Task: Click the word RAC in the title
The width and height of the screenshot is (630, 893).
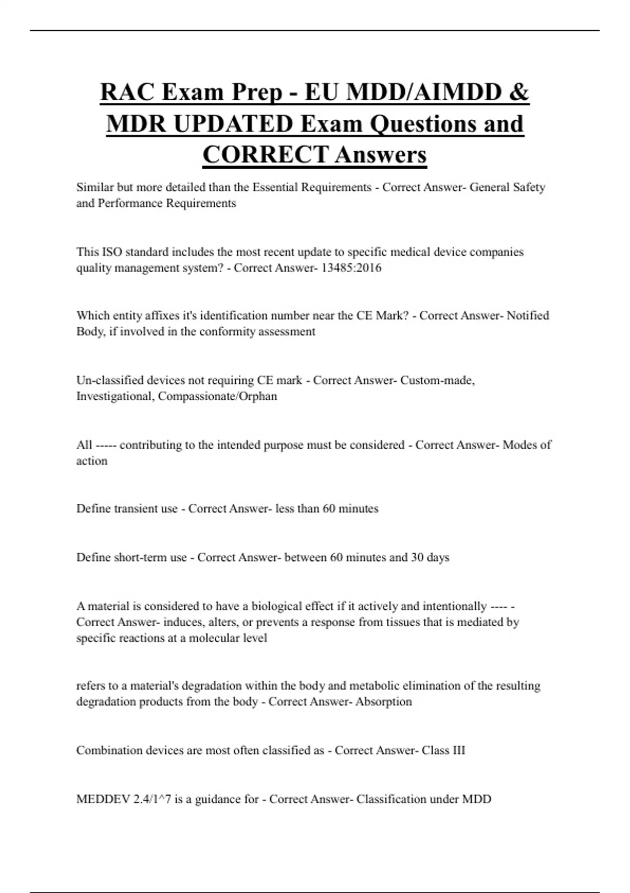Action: click(x=127, y=92)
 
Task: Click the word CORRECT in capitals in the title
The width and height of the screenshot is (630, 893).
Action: click(x=265, y=155)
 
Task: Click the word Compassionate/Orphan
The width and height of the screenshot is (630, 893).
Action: click(x=217, y=396)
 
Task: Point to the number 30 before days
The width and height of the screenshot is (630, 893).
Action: click(x=417, y=557)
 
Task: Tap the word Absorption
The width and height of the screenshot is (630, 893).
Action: click(x=383, y=702)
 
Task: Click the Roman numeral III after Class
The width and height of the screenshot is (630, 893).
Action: click(x=459, y=751)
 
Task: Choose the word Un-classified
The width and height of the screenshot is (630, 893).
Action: click(x=110, y=380)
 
